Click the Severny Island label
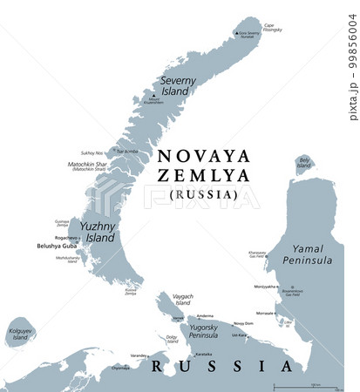177,85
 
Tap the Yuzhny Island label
97,232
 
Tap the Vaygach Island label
181,301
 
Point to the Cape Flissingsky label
274,27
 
